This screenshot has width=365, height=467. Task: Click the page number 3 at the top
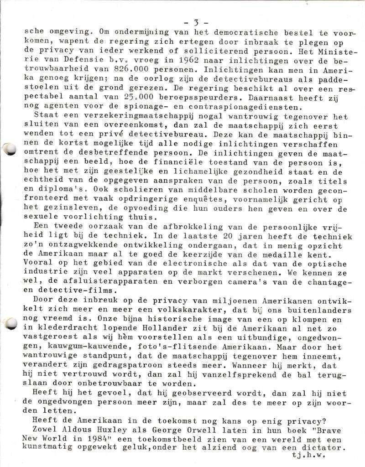pyautogui.click(x=195, y=22)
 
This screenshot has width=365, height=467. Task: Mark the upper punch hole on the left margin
pyautogui.click(x=10, y=148)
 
